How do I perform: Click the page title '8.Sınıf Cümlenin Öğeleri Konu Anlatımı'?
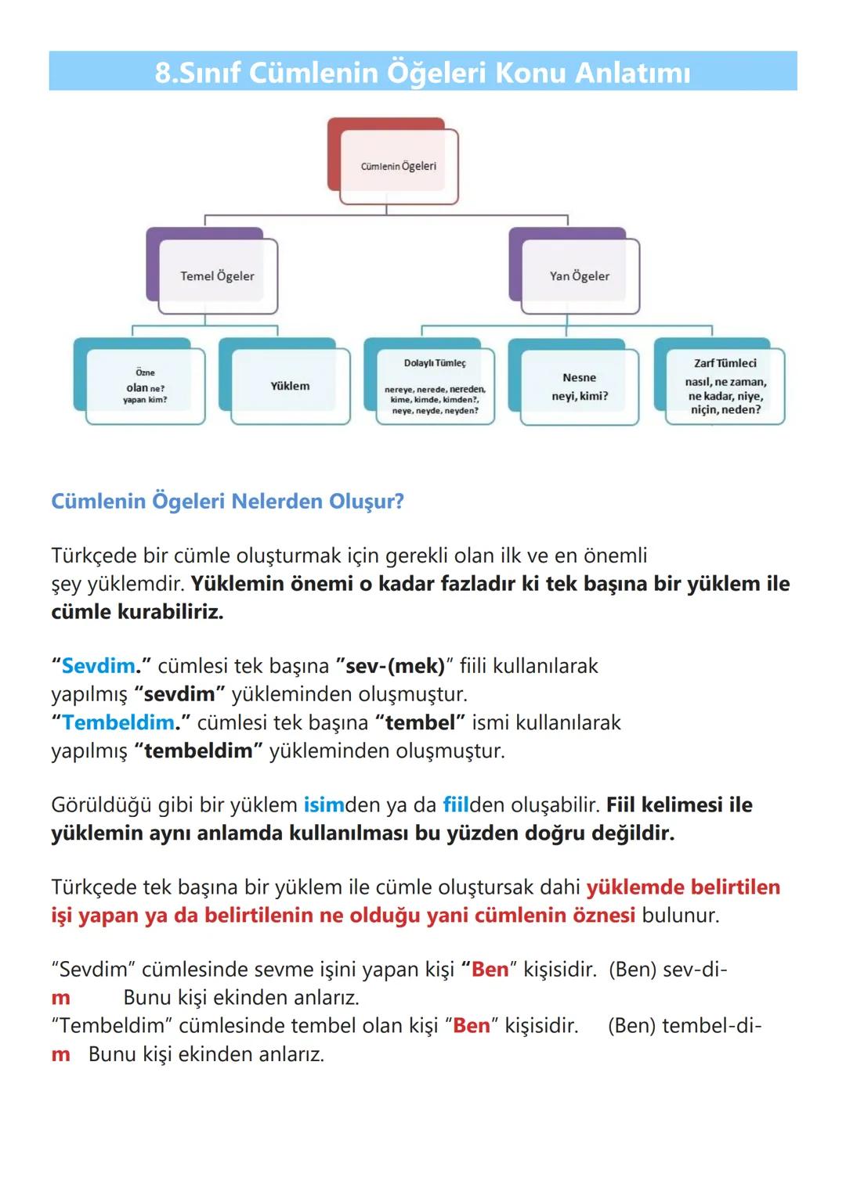click(422, 72)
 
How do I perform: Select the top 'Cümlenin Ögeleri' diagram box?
click(399, 166)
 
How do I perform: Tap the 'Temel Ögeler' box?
click(217, 275)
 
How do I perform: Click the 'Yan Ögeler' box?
click(580, 275)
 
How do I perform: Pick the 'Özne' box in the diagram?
click(145, 387)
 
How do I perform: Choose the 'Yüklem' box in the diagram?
click(290, 386)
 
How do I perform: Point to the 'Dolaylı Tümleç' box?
click(435, 387)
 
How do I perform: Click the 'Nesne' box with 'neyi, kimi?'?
click(580, 387)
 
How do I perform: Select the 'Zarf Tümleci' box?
click(725, 386)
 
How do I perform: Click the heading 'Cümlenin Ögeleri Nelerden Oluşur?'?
click(227, 501)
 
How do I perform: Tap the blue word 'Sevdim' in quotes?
click(98, 666)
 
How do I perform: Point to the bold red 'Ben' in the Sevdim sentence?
click(490, 970)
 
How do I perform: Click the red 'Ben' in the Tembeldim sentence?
click(472, 1026)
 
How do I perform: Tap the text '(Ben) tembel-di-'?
click(684, 1026)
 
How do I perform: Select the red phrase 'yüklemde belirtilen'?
click(683, 887)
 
